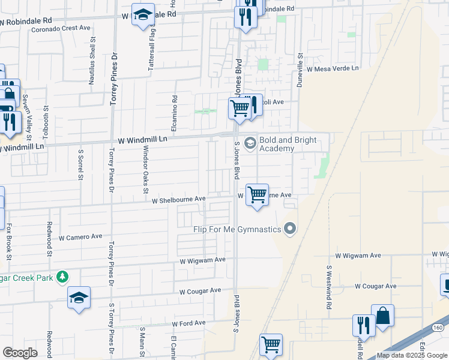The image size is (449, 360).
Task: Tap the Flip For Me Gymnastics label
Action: click(x=237, y=229)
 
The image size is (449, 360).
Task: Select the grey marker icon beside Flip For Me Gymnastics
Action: click(x=291, y=229)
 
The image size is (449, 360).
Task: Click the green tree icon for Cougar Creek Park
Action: click(x=61, y=277)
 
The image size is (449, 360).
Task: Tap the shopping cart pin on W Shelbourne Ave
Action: click(x=257, y=195)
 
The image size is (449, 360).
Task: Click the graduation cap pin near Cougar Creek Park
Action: click(x=79, y=298)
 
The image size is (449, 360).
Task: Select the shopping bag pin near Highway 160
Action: click(x=382, y=316)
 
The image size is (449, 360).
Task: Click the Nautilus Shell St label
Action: click(x=92, y=61)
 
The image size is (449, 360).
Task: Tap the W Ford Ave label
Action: click(x=188, y=323)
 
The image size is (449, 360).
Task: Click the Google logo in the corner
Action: click(x=20, y=353)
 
